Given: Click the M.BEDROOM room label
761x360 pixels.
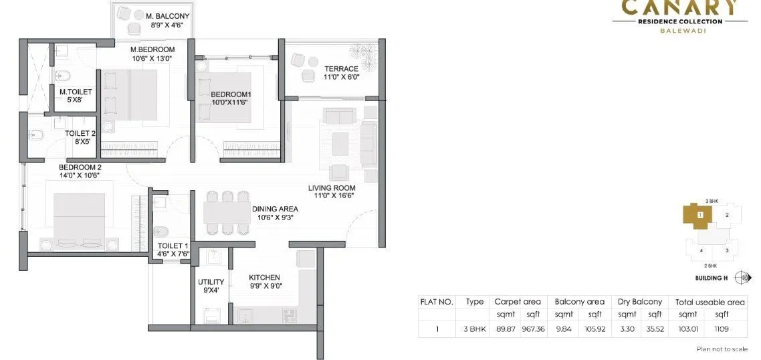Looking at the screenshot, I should pyautogui.click(x=152, y=50).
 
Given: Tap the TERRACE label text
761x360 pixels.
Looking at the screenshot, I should pyautogui.click(x=342, y=68).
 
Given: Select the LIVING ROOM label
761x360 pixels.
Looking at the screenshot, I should pyautogui.click(x=331, y=187).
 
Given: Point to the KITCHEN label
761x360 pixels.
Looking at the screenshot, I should pyautogui.click(x=264, y=277).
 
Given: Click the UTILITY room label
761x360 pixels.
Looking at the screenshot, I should pyautogui.click(x=210, y=282).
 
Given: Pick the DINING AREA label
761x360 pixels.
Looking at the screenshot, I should pyautogui.click(x=275, y=209).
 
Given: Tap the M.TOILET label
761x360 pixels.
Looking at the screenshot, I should pyautogui.click(x=76, y=92).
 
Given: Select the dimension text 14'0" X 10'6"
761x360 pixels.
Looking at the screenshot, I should pyautogui.click(x=80, y=175).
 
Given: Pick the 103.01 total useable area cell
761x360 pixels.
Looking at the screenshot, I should pyautogui.click(x=687, y=329).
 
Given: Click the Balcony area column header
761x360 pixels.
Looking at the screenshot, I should pyautogui.click(x=579, y=302).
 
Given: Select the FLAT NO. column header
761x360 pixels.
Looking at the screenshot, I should pyautogui.click(x=437, y=302).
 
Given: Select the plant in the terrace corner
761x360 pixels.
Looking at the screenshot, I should pyautogui.click(x=366, y=52).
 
